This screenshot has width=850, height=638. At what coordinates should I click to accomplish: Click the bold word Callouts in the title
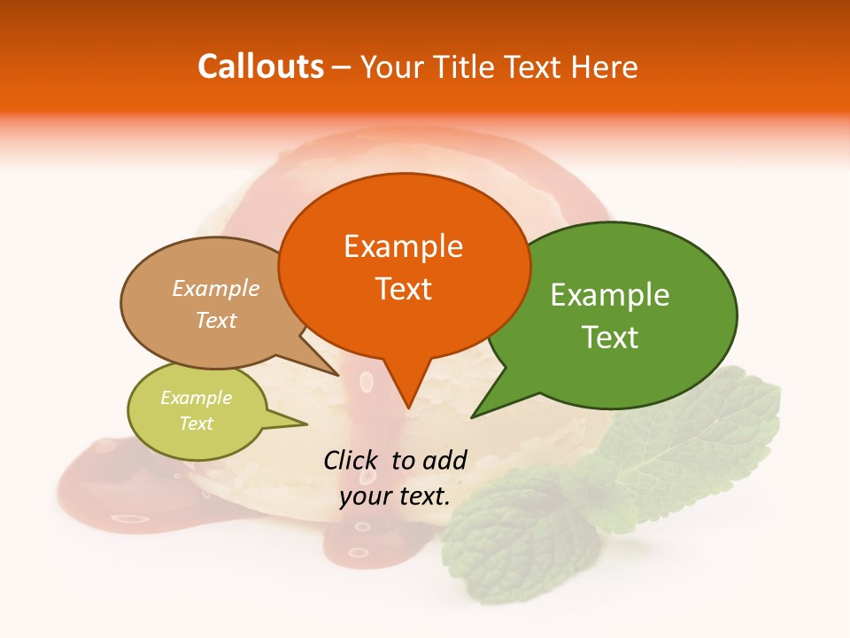pos(260,66)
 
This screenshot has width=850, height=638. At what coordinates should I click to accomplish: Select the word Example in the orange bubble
pos(403,246)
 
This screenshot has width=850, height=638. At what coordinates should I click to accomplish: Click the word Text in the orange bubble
pos(403,289)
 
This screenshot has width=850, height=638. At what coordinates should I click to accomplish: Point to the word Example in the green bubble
pos(610,295)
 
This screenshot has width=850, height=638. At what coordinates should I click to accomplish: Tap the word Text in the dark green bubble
pos(610,338)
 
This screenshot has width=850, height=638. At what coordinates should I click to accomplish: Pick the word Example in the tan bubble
pos(215,289)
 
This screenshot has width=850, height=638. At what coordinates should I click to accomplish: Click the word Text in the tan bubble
pos(215,320)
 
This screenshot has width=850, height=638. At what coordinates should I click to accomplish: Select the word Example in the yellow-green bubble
pos(196,398)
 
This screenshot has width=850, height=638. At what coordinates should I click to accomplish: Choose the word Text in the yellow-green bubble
pos(196,424)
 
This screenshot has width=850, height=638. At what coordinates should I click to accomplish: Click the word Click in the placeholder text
pos(352,461)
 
